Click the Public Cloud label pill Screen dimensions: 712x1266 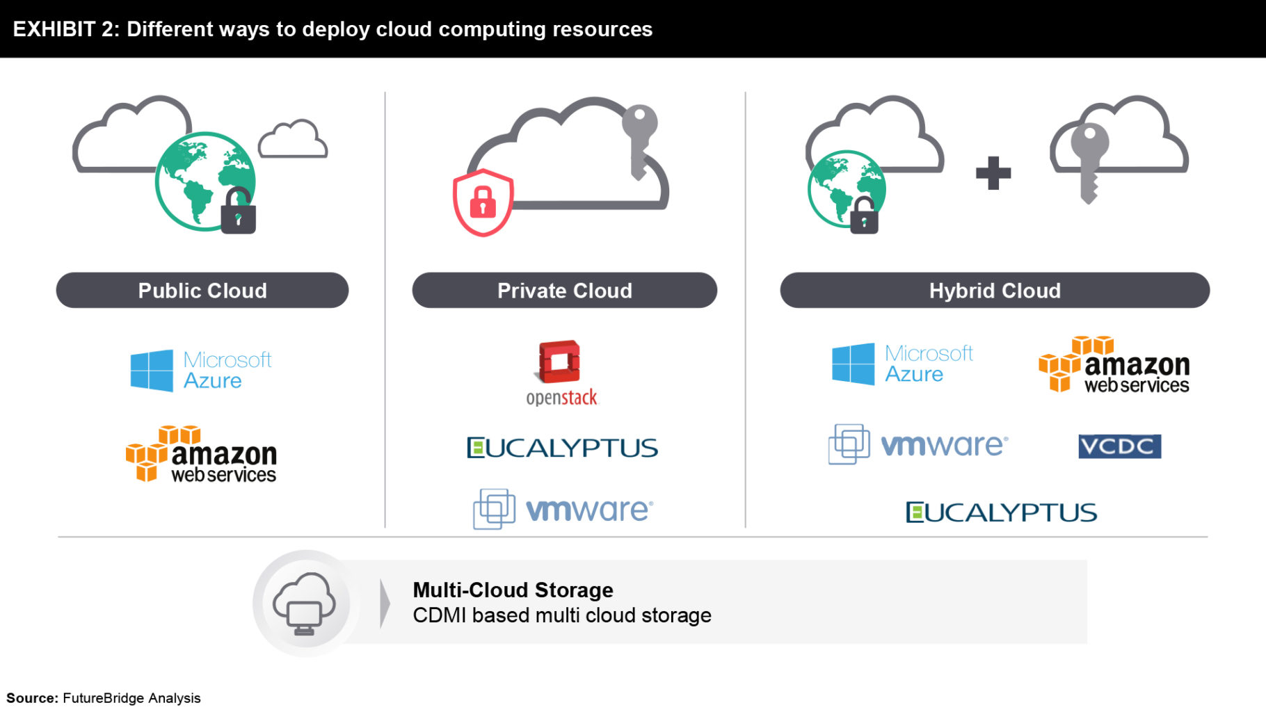(x=202, y=290)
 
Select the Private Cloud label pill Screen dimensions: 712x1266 (x=564, y=290)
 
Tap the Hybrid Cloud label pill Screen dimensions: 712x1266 (x=994, y=290)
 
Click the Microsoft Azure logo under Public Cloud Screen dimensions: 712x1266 (x=200, y=371)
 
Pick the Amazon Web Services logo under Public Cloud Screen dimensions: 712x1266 (x=202, y=455)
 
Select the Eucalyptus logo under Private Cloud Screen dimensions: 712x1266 (x=562, y=448)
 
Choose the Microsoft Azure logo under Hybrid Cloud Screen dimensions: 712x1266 (x=902, y=364)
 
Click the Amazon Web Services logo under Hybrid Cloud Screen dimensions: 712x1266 (x=1114, y=365)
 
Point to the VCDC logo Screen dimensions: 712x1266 (x=1119, y=446)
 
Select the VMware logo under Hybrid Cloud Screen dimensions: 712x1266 (x=918, y=444)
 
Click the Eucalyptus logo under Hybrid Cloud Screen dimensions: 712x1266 (x=1001, y=513)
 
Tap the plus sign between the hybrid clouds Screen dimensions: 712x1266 (x=993, y=173)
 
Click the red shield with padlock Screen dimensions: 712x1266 (x=483, y=202)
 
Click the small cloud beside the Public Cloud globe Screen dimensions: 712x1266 (x=293, y=140)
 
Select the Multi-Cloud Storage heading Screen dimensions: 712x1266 (x=513, y=590)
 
